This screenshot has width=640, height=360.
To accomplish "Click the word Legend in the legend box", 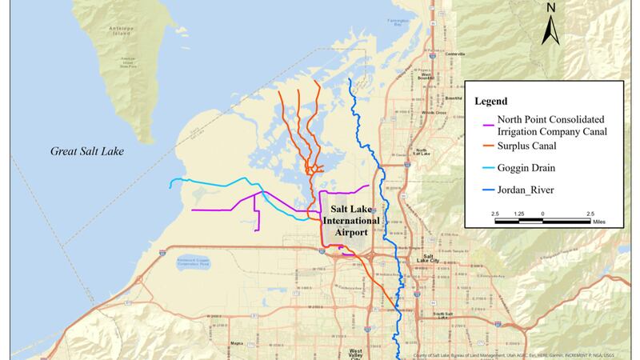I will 492,102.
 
